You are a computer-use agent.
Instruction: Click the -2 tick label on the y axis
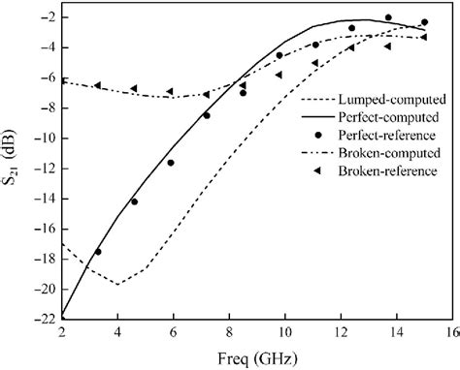[x=43, y=18]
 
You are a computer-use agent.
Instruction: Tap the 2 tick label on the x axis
[x=61, y=331]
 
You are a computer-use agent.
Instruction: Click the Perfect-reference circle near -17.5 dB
[x=98, y=252]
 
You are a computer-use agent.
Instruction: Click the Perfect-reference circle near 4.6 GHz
[x=134, y=201]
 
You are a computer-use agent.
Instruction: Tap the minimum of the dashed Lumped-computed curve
[x=117, y=284]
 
